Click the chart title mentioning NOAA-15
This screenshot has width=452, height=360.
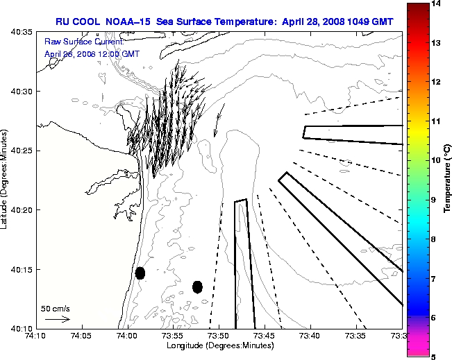[224, 22]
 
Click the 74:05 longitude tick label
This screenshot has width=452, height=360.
[81, 337]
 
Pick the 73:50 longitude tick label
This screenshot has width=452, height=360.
[219, 337]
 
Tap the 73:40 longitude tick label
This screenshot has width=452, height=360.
[310, 337]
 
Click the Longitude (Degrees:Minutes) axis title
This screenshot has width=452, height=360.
[219, 346]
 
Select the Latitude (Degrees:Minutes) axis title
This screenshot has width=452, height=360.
[6, 179]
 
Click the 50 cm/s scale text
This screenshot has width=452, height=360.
[56, 308]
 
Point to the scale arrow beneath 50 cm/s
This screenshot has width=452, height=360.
[57, 319]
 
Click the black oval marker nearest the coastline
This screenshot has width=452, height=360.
[140, 273]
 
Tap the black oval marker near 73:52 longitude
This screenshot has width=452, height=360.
[197, 286]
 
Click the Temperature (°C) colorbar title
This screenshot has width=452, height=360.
[446, 180]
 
